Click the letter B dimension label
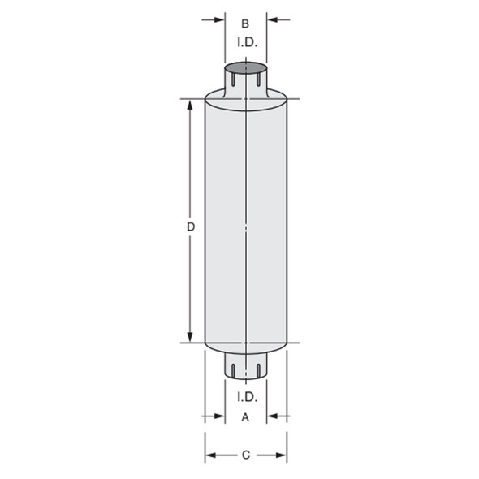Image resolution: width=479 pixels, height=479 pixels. tap(245, 24)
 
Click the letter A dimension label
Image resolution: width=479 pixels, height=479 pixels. tap(245, 417)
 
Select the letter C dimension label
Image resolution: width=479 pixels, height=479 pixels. tap(246, 455)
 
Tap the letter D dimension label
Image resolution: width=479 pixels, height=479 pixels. tap(191, 227)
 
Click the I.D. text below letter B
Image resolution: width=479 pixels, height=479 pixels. tap(248, 42)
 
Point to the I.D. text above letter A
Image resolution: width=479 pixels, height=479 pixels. tap(248, 397)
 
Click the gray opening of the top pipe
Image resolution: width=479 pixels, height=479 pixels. tap(246, 68)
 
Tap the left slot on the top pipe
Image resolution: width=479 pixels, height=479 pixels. tap(233, 80)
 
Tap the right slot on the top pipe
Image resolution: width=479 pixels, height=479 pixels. tap(258, 80)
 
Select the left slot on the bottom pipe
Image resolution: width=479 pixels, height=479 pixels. tap(233, 370)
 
